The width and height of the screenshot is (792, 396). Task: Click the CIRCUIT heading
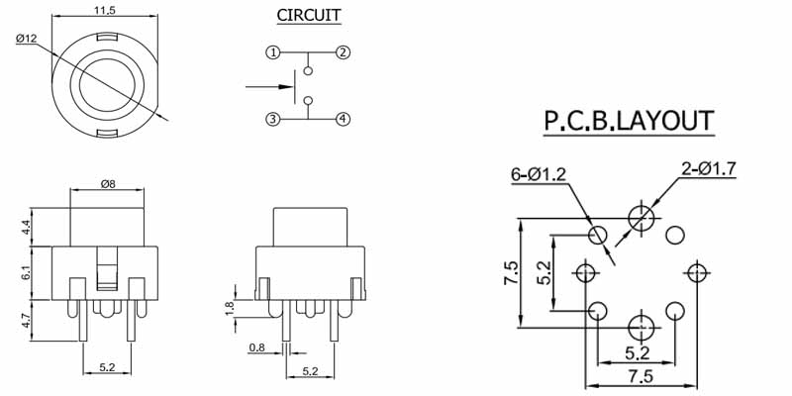coord(309,15)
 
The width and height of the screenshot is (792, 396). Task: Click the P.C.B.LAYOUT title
coord(629,121)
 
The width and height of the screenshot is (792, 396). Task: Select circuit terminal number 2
coord(343,51)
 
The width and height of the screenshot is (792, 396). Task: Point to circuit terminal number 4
coord(343,120)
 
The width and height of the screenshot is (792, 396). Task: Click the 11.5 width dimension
coord(103,10)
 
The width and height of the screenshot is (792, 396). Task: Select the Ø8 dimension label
coord(111,183)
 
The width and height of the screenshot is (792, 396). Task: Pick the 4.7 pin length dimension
coord(27,320)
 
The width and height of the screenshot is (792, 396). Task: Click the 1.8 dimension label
coord(232,307)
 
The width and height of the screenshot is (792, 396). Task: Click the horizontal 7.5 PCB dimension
coord(641,376)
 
